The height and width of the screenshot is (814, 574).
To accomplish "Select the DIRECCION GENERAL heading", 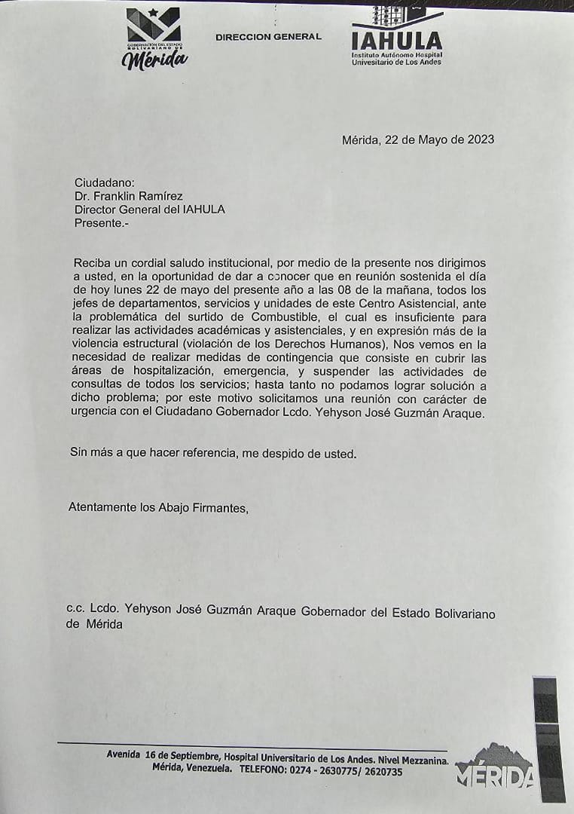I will tap(268, 37).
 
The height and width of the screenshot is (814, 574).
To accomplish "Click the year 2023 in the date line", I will tap(480, 139).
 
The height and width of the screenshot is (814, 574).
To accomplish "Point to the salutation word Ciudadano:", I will tap(105, 182).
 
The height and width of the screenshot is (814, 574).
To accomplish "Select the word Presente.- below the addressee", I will tap(101, 223).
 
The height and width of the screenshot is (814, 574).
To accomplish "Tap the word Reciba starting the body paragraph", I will tap(93, 263).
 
